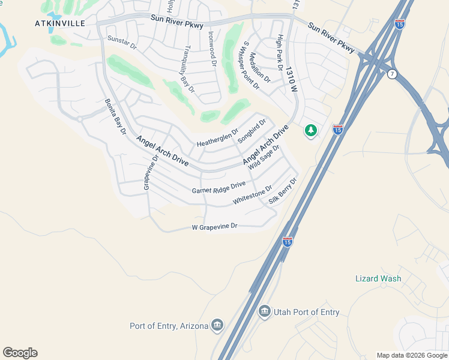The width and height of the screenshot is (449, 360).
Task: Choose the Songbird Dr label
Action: click(x=251, y=131)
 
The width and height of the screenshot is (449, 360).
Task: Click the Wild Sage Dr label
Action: click(x=265, y=157)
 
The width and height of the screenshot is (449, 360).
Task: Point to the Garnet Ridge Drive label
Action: click(x=219, y=188)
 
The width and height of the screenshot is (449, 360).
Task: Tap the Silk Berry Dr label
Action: click(x=283, y=191)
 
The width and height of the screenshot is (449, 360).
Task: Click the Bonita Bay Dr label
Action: click(x=116, y=116)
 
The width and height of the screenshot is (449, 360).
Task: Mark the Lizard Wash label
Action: click(x=378, y=278)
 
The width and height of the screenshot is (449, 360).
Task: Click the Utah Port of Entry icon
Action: click(x=264, y=312)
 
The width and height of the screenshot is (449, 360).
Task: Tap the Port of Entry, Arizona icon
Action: click(x=217, y=326)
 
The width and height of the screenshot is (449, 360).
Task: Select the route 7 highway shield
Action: click(x=393, y=74)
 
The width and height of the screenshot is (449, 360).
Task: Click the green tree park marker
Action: click(x=310, y=130)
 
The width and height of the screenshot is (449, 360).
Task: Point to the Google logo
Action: click(x=20, y=353)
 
